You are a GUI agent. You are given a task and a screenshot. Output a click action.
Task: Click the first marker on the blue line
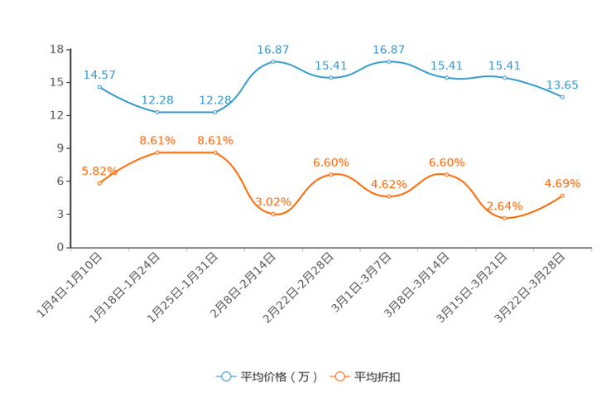point(99,86)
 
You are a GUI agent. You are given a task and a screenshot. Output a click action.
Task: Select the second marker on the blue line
point(157,112)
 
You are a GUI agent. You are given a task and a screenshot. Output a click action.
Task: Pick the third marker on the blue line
point(215,112)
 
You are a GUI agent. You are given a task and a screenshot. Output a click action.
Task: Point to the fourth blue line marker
point(273,61)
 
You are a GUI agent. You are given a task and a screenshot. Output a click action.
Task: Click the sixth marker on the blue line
point(389,61)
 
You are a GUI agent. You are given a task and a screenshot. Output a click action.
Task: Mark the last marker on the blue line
point(563,97)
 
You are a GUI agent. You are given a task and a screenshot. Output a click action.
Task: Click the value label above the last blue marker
point(563,85)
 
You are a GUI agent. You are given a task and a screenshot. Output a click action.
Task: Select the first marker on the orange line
point(99,183)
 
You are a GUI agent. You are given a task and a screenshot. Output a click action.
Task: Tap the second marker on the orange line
point(157,152)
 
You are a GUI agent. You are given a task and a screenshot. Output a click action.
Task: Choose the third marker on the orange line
point(215,152)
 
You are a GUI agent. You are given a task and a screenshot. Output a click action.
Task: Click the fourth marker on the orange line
point(273,215)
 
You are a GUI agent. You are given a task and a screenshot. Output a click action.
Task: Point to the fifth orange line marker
point(331,175)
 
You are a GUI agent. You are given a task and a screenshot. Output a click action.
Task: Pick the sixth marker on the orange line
point(389,196)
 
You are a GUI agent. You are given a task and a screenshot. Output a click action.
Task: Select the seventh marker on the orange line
point(447,175)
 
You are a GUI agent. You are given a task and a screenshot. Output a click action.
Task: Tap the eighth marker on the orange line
point(505,218)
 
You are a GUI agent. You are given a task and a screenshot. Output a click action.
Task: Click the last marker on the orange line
point(563,196)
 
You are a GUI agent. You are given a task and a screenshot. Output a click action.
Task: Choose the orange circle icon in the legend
point(339,376)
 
